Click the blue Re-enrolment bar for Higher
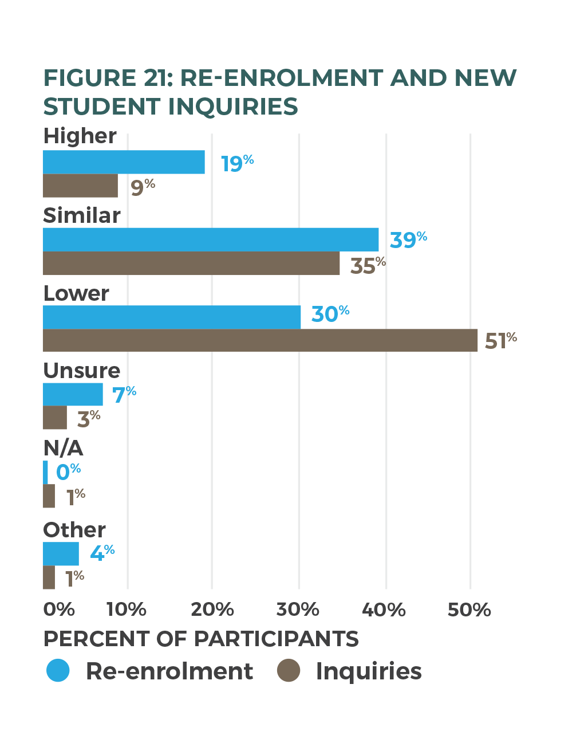pos(124,162)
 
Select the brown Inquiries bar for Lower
pos(260,340)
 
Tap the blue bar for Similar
pos(211,239)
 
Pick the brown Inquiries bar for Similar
pos(191,264)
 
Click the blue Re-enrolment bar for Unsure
pos(73,394)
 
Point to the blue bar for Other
pos(61,553)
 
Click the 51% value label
pos(500,340)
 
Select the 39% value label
pos(408,239)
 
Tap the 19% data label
pos(237,163)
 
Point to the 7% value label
pos(124,395)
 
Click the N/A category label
pos(63,448)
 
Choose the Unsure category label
pos(81,371)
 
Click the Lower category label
pos(76,293)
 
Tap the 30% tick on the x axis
pos(298,610)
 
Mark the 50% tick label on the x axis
pos(469,610)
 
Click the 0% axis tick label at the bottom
pos(59,610)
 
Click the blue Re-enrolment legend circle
pos(58,670)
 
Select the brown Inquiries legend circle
pos(289,670)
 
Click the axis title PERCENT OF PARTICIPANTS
pos(201,639)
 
